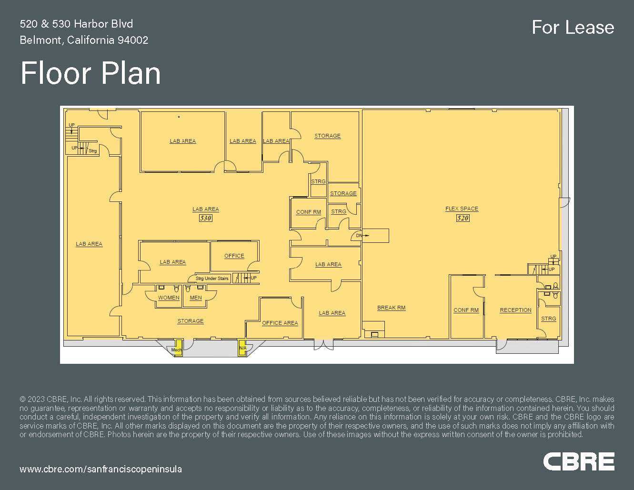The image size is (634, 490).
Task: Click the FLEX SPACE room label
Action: point(462,209)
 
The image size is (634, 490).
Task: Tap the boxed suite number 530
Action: point(205,218)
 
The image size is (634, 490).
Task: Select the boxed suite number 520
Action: point(463,218)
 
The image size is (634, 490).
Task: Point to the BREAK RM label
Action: point(391,308)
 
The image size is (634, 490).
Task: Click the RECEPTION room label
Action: point(515,310)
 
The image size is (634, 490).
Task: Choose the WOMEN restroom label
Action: point(169,298)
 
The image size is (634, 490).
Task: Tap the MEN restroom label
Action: point(195,298)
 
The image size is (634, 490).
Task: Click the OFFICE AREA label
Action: point(280,323)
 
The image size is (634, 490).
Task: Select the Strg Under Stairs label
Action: point(212,279)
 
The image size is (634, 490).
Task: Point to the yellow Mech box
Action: point(178,348)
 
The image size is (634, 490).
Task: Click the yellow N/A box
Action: point(242,348)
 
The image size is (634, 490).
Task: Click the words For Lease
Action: point(573,28)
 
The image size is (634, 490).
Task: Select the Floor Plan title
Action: point(91,73)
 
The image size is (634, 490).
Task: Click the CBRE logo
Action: point(579,461)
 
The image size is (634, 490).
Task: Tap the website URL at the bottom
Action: point(101,470)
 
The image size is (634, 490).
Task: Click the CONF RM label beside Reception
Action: point(466,310)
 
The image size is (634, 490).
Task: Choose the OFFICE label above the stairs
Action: point(234,256)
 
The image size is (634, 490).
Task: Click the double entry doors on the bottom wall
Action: point(323,345)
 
